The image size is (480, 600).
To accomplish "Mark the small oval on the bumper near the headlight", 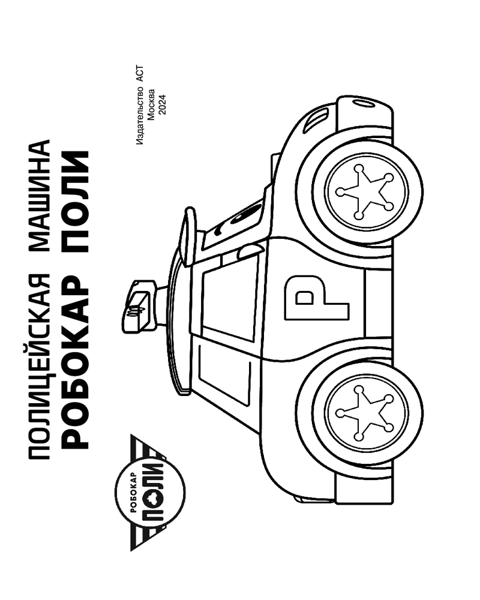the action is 362,103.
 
